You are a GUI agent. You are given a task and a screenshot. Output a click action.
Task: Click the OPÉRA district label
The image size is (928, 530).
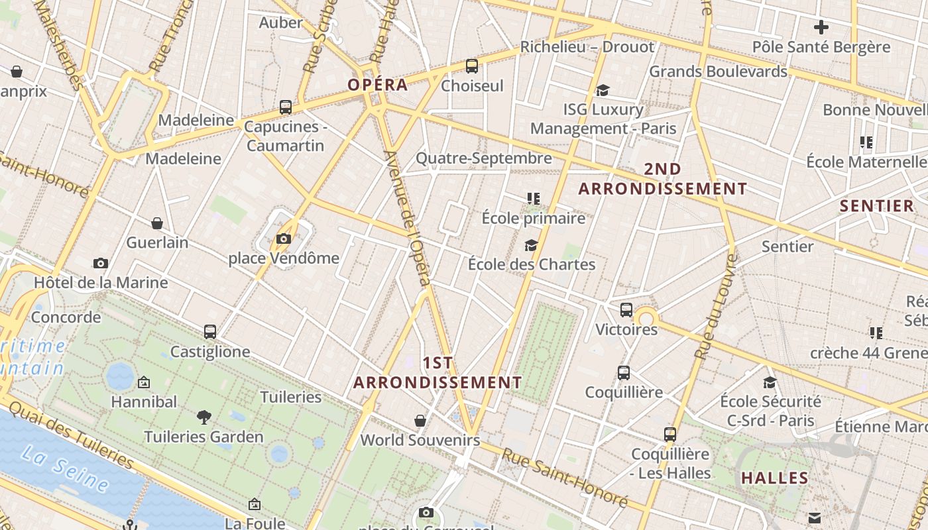378,85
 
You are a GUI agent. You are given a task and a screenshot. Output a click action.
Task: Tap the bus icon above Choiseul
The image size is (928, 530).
472,66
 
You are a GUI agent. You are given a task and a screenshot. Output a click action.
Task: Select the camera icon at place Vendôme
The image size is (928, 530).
284,238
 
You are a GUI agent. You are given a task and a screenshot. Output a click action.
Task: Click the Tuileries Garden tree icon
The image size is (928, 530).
204,417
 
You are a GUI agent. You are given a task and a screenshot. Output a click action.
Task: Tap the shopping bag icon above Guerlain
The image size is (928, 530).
157,223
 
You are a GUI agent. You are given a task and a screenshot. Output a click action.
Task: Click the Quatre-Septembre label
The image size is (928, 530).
483,158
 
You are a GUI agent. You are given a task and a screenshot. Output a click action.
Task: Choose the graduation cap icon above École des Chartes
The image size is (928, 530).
531,245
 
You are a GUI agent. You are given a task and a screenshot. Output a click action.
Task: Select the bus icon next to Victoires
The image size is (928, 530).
626,310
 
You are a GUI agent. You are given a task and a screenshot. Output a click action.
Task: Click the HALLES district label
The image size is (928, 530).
775,478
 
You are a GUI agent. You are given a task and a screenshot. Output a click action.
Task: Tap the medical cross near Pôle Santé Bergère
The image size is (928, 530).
821,27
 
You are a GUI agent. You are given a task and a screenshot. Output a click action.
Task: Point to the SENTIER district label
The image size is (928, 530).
877,206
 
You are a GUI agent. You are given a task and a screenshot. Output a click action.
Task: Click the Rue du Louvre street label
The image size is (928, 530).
715,306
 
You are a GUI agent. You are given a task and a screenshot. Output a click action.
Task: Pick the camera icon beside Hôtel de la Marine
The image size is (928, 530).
101,263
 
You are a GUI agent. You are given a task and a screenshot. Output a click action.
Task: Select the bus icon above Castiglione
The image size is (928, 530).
210,332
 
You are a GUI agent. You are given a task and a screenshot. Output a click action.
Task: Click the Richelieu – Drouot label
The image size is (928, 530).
587,47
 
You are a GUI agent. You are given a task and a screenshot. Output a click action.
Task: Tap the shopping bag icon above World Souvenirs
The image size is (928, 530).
420,421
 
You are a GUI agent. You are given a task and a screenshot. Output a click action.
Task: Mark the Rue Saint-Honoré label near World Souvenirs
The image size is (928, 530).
563,478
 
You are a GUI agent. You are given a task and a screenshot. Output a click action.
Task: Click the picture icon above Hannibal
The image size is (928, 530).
144,382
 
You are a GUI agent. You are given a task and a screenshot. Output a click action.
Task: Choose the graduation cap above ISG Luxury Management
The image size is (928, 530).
603,90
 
